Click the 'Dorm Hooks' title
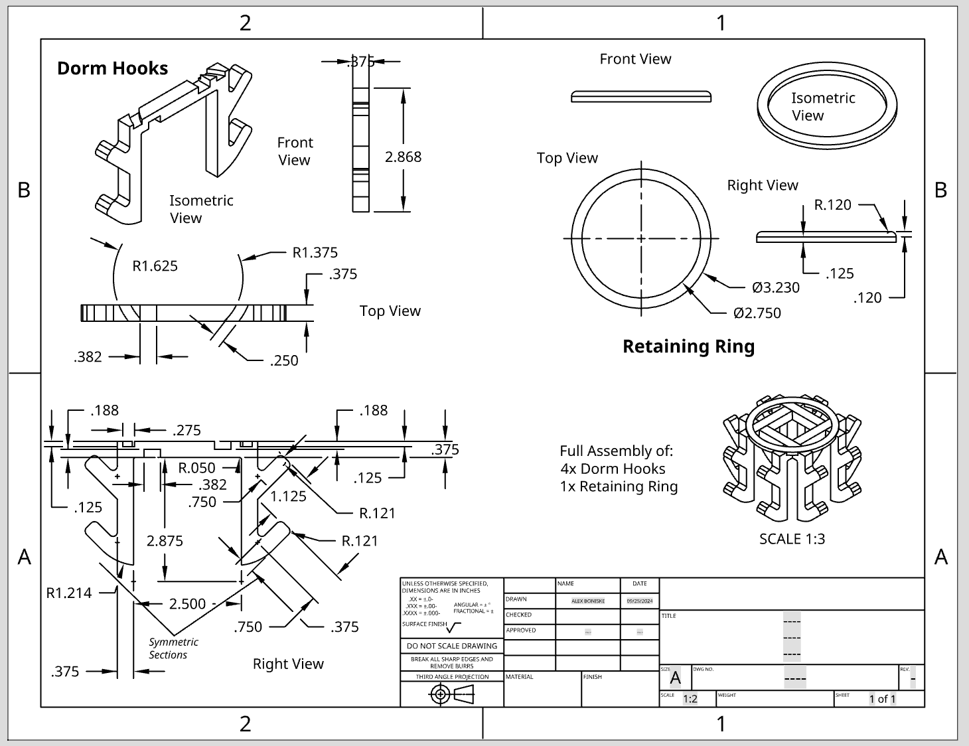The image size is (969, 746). tap(112, 68)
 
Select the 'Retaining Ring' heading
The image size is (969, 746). tap(688, 346)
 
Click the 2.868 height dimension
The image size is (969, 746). tap(403, 157)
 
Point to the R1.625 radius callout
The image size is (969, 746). tap(155, 266)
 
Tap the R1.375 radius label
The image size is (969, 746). tap(315, 252)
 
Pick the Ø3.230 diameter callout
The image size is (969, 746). tap(775, 287)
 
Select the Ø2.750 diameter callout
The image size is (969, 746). tap(757, 313)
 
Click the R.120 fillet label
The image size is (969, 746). tap(832, 204)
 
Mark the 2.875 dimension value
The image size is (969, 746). tap(165, 541)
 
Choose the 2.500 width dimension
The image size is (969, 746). tap(187, 603)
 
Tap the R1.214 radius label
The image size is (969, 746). tap(69, 593)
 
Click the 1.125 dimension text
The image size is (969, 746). tap(288, 496)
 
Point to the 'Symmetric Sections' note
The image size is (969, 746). tap(173, 648)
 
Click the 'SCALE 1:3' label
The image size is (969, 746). tap(792, 538)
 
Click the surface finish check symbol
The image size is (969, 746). tap(454, 627)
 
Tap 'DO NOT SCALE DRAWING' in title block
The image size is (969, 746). tap(451, 646)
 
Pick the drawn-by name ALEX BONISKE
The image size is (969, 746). tap(588, 601)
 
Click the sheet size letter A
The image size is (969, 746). tap(675, 678)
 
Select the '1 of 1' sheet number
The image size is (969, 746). tap(882, 699)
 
